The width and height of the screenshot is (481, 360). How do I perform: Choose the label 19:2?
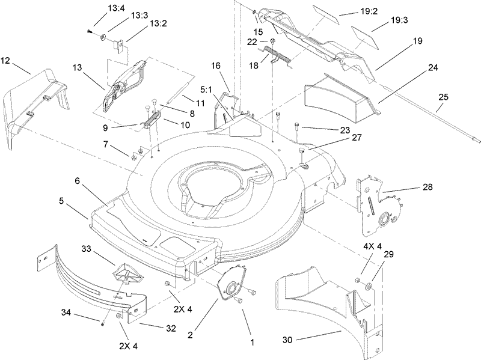pos(351,11)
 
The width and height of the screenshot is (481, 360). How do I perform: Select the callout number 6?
pos(77,181)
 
